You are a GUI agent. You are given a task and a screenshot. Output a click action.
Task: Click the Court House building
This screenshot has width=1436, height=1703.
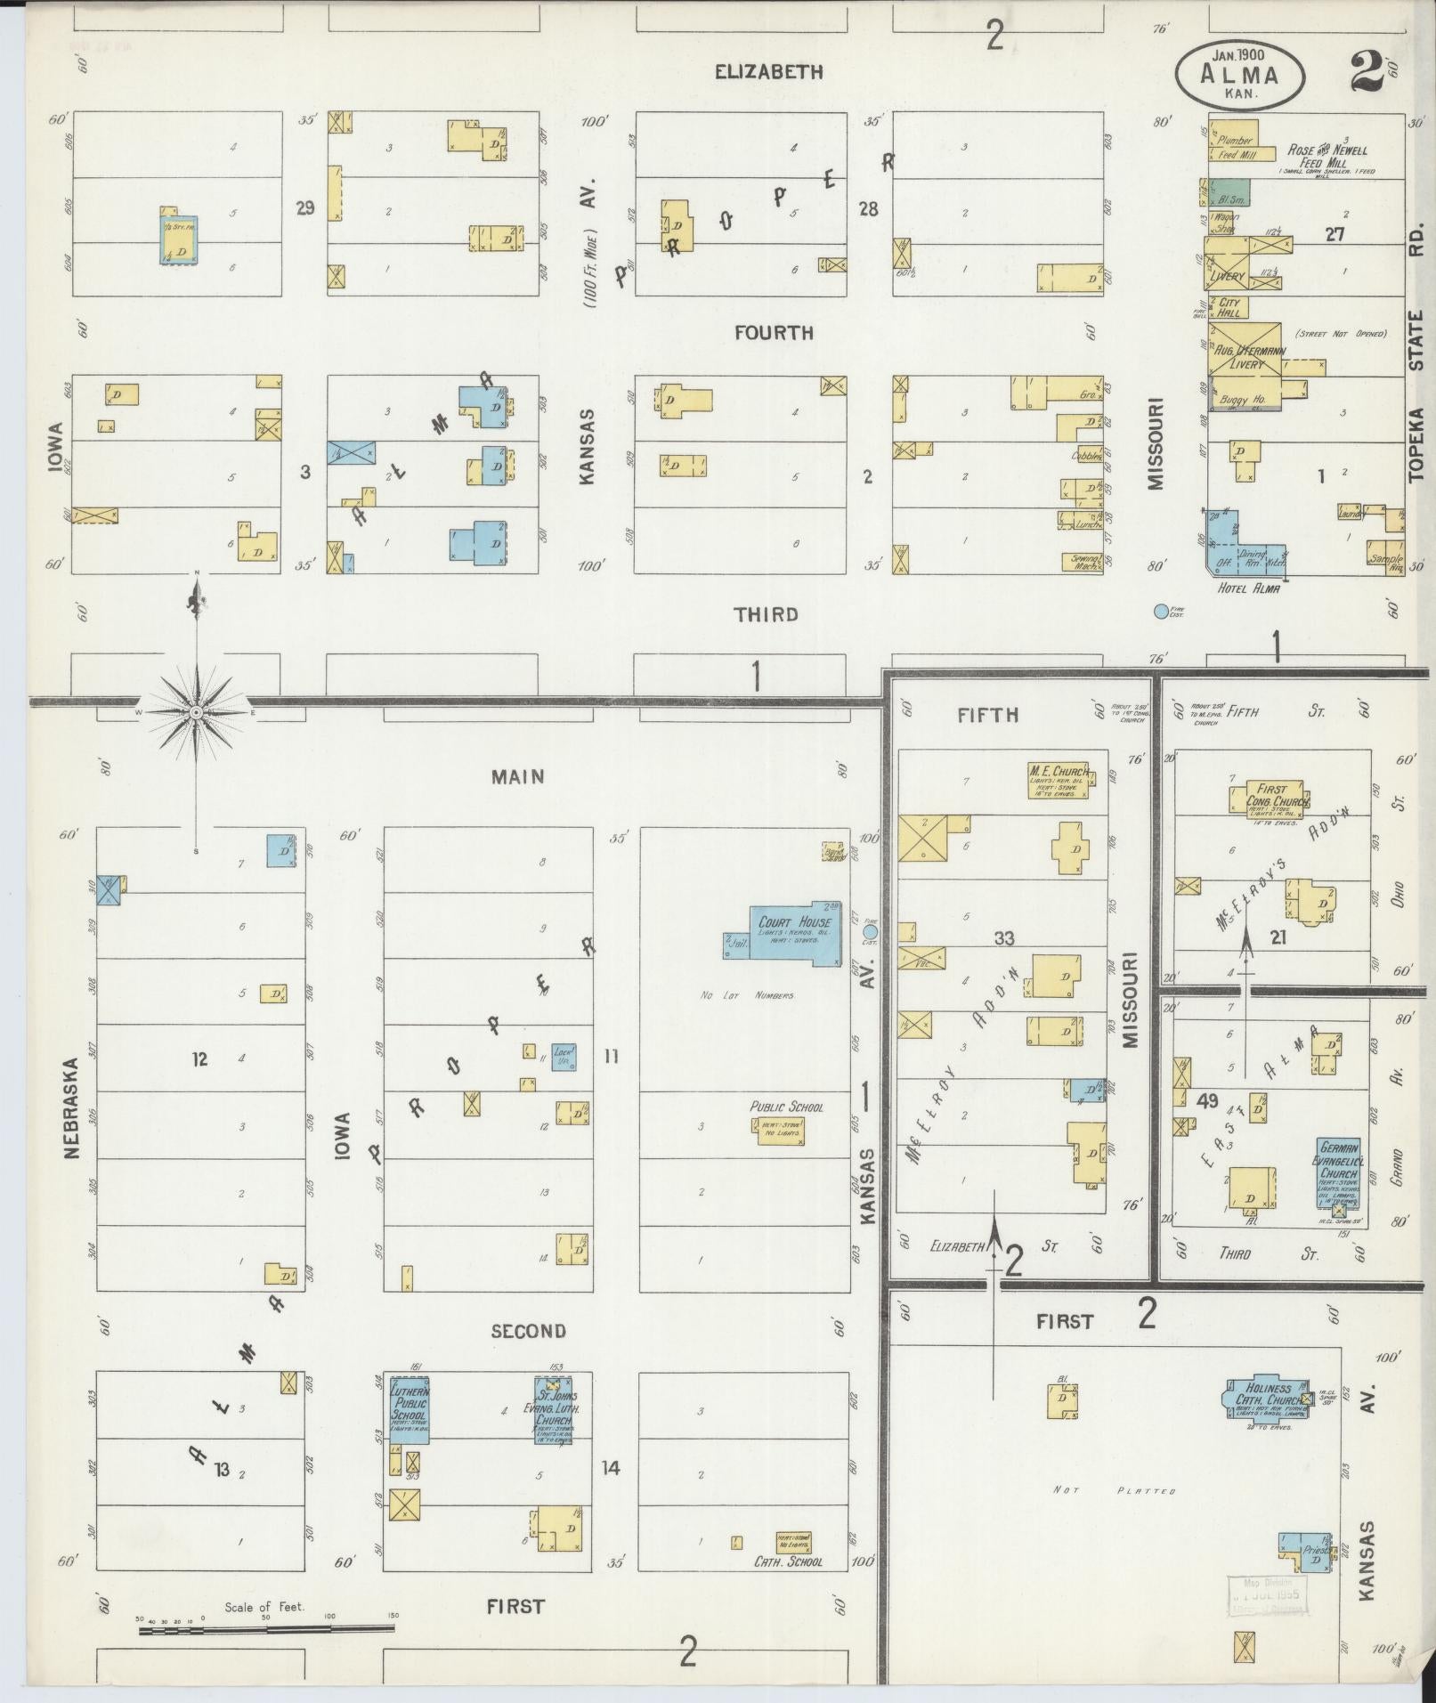pos(794,932)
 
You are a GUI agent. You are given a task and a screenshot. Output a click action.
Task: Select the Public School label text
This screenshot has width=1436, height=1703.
pos(786,1107)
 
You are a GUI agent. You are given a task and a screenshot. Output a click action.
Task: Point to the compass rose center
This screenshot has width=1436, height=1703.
pos(197,711)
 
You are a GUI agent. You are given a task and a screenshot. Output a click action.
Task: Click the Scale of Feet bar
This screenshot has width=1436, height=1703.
pos(266,1628)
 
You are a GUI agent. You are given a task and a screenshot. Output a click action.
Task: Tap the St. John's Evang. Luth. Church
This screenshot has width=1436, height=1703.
pos(553,1434)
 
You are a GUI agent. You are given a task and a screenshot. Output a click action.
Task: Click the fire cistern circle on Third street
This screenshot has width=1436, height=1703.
pos(1160,612)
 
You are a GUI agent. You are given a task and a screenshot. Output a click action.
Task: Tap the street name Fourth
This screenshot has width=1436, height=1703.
pos(773,333)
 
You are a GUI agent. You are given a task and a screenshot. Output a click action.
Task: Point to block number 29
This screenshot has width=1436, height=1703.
pos(305,208)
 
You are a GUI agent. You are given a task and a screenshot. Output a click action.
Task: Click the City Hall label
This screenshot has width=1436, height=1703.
pos(1229,306)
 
